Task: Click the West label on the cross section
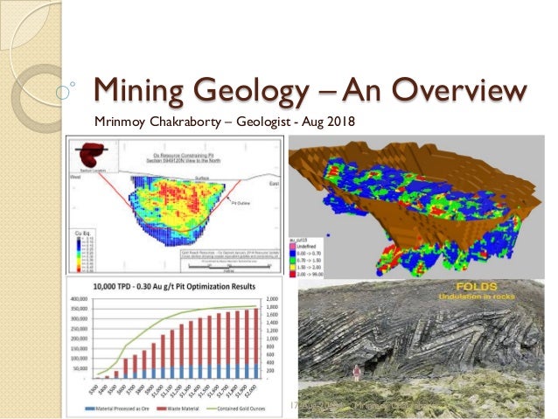75,176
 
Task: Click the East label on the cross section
275,176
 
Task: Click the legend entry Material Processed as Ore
114,408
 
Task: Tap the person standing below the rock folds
355,377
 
